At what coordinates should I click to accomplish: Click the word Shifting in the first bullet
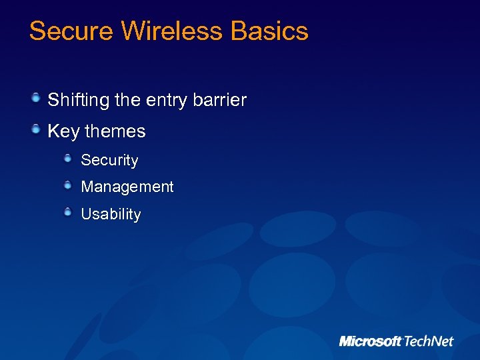click(79, 101)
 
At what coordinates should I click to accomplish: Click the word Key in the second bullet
click(63, 131)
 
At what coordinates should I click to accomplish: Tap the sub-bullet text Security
click(109, 161)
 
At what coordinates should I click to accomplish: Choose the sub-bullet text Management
click(127, 187)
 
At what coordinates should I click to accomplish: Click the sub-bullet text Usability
click(111, 215)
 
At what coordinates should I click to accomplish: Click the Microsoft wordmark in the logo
click(371, 341)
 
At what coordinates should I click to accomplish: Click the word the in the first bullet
click(127, 101)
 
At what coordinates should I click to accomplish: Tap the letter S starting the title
click(38, 31)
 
